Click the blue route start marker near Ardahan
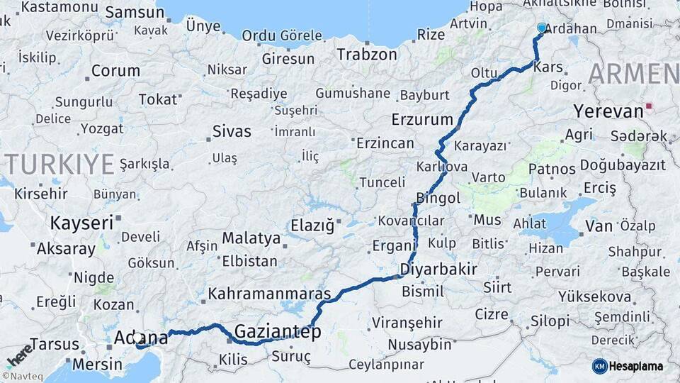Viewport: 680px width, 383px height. click(542, 28)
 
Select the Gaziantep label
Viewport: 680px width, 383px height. click(277, 331)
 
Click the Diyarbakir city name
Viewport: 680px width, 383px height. click(438, 270)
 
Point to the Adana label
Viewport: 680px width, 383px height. click(141, 338)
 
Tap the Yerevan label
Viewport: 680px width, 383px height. click(606, 111)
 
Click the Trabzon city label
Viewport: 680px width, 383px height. click(367, 54)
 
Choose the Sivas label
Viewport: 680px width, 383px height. click(232, 131)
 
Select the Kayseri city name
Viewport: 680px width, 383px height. click(81, 223)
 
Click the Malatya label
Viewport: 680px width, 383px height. click(251, 238)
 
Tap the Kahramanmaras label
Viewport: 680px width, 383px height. click(270, 294)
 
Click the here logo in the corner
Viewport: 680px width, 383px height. click(19, 355)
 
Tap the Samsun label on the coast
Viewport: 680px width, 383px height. click(134, 13)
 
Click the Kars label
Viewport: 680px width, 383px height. click(548, 67)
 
